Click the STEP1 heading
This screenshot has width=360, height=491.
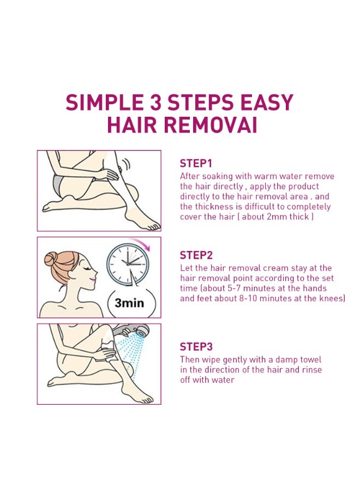click(x=196, y=164)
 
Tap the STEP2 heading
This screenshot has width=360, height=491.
click(x=196, y=255)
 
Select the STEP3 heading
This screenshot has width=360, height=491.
click(x=196, y=346)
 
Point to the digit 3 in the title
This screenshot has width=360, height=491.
click(x=155, y=102)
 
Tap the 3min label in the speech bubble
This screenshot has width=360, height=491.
click(x=129, y=303)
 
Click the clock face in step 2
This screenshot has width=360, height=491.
click(x=128, y=264)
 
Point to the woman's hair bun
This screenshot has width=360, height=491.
click(x=51, y=259)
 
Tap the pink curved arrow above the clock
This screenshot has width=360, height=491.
click(x=140, y=243)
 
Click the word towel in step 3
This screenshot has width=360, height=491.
click(x=310, y=360)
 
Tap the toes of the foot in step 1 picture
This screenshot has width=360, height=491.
click(x=153, y=226)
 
